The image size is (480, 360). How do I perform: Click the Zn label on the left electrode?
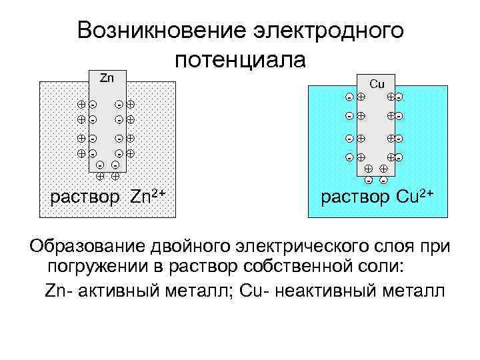[x=107, y=77]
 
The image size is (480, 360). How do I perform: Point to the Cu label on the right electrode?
[x=377, y=83]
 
